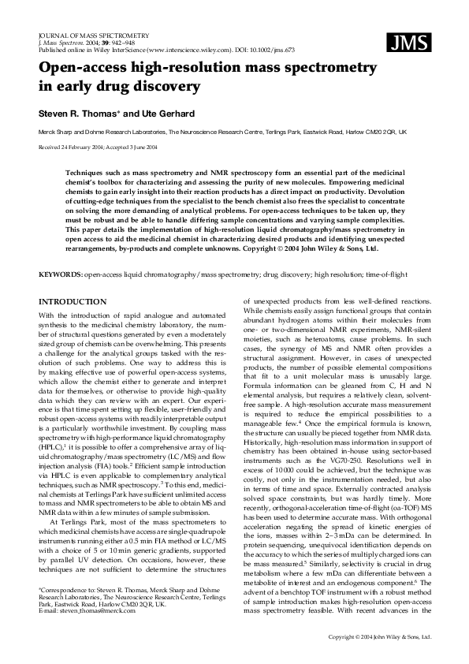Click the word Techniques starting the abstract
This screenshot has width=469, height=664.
click(85, 170)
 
